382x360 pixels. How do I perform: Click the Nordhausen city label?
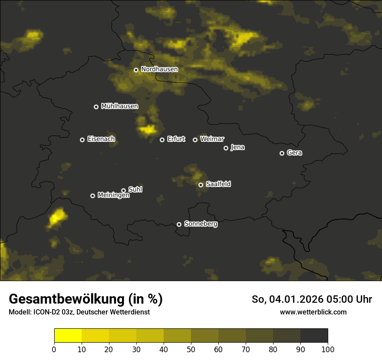point(159,69)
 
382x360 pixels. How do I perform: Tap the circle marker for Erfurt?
point(162,140)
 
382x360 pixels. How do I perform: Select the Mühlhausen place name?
point(119,106)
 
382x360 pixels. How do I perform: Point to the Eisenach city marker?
point(82,140)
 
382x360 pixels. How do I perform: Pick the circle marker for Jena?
point(226,148)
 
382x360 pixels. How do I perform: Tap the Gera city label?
point(294,153)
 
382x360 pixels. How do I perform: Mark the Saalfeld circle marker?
point(201,185)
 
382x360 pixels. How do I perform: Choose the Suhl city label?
point(135,190)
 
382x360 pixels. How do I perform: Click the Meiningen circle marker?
point(92,196)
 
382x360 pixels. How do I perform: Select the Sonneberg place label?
point(201,224)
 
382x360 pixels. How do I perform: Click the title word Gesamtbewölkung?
point(65,299)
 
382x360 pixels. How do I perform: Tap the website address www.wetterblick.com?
point(313,312)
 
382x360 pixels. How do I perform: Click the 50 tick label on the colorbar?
point(191,349)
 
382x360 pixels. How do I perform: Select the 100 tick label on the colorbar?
point(328,349)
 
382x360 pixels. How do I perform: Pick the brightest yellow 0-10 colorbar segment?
point(68,336)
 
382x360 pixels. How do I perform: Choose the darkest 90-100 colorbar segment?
point(314,336)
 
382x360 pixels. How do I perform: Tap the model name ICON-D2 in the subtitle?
point(45,312)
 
